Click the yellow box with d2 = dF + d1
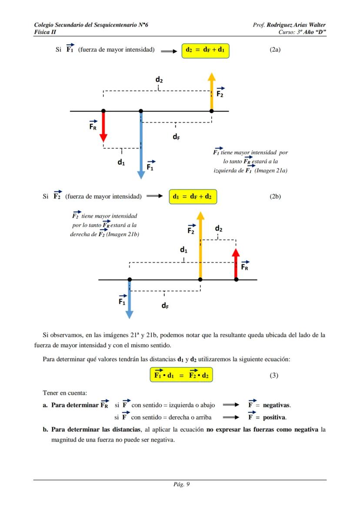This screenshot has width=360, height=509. click(x=205, y=50)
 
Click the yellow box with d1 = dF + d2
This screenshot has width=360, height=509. click(x=192, y=196)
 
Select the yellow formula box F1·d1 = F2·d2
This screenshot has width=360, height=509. click(x=182, y=375)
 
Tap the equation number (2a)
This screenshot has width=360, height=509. click(x=275, y=50)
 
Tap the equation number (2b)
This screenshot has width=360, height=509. click(x=275, y=196)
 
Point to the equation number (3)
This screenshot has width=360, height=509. click(x=273, y=376)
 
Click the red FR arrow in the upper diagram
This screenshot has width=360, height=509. click(x=103, y=126)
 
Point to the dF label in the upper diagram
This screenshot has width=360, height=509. click(x=176, y=137)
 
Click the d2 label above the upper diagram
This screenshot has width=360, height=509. click(x=159, y=80)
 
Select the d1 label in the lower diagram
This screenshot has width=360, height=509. click(x=183, y=250)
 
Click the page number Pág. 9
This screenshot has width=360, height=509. click(x=180, y=485)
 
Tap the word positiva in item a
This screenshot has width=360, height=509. click(x=274, y=417)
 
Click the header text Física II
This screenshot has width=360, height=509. click(x=45, y=32)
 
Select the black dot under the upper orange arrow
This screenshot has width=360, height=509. click(x=212, y=111)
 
